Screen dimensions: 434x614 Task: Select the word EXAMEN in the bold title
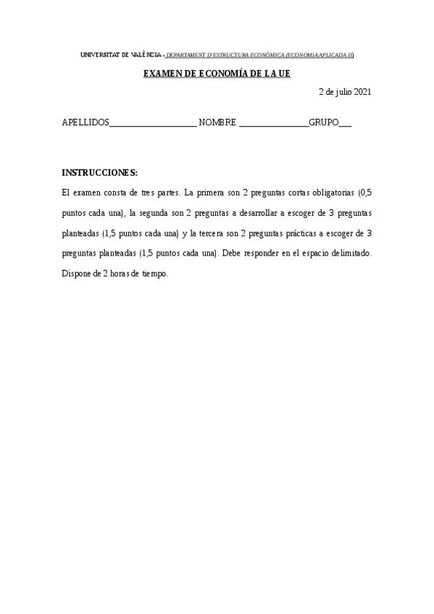(x=163, y=73)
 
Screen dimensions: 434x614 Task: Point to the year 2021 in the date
(x=362, y=92)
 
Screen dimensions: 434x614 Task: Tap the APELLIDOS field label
(x=85, y=123)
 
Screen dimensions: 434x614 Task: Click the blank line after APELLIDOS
(x=152, y=125)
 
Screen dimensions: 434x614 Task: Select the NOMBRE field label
(x=217, y=123)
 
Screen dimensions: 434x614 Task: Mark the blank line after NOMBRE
(x=273, y=125)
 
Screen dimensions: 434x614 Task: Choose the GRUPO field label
(x=323, y=123)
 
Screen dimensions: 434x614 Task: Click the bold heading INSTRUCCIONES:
(x=99, y=173)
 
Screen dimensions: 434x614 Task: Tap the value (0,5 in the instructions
(x=364, y=193)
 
